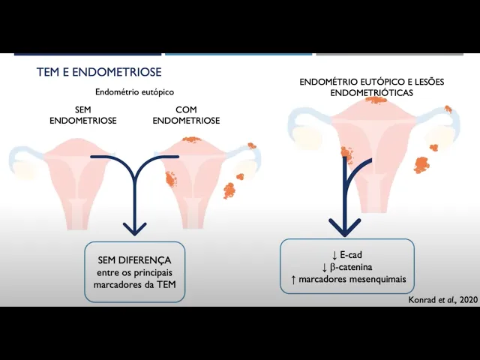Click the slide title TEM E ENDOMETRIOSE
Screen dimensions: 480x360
coord(99,73)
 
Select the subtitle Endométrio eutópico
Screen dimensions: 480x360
coord(134,91)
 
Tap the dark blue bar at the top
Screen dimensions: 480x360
coord(88,54)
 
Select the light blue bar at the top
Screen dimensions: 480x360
coord(238,54)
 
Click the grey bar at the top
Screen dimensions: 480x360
coord(390,54)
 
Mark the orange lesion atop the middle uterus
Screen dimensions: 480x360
coord(193,139)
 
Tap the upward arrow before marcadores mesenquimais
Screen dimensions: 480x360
coord(293,280)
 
